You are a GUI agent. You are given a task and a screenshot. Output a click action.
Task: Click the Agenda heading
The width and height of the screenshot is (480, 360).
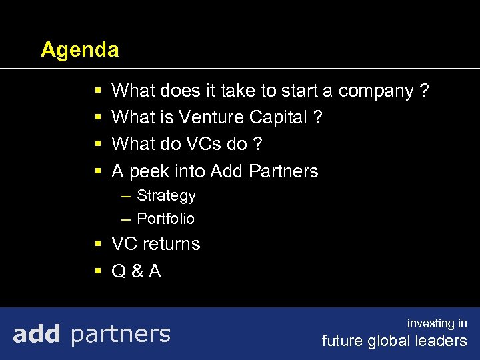click(79, 50)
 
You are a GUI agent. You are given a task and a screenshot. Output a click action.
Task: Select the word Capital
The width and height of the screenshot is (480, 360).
click(279, 117)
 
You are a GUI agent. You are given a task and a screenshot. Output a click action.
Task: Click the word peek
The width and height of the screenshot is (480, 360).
click(149, 172)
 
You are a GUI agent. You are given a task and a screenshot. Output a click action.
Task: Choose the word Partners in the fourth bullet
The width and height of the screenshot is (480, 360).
click(283, 171)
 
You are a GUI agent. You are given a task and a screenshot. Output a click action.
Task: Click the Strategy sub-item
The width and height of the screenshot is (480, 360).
click(166, 196)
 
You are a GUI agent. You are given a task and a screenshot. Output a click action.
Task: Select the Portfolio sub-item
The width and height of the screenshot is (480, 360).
click(165, 219)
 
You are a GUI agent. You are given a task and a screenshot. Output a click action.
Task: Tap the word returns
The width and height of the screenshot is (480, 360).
click(171, 244)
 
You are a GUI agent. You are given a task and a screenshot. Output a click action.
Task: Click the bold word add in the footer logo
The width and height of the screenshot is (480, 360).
click(37, 333)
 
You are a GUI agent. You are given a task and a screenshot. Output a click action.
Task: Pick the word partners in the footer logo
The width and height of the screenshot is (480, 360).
click(120, 334)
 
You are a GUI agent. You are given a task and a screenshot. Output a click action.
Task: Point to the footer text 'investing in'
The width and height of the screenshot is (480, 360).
click(437, 323)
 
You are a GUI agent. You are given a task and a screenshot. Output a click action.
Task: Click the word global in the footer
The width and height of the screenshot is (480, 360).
click(392, 341)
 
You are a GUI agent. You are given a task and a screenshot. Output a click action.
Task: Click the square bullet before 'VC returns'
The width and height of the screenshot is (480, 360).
click(98, 244)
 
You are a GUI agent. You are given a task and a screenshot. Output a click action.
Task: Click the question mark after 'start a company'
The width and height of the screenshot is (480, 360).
click(424, 91)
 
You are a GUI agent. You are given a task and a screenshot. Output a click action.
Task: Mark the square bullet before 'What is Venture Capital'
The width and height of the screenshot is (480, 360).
click(98, 117)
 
